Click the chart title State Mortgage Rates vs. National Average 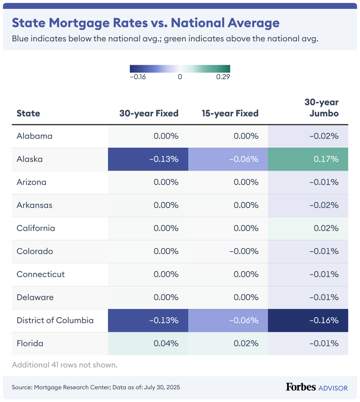pyautogui.click(x=145, y=23)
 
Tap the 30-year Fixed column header pyautogui.click(x=149, y=113)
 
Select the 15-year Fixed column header pyautogui.click(x=230, y=113)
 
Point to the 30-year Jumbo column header pyautogui.click(x=321, y=107)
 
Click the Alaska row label pyautogui.click(x=30, y=159)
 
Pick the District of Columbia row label pyautogui.click(x=55, y=320)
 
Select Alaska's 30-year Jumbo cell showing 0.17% pyautogui.click(x=307, y=159)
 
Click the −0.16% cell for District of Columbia pyautogui.click(x=307, y=320)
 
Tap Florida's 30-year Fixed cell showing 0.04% pyautogui.click(x=148, y=343)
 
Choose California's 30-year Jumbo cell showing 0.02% pyautogui.click(x=307, y=228)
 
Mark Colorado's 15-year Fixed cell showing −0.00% pyautogui.click(x=228, y=251)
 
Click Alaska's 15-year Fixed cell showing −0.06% pyautogui.click(x=228, y=159)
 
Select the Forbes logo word pyautogui.click(x=300, y=387)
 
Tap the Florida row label pyautogui.click(x=30, y=343)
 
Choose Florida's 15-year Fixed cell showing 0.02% pyautogui.click(x=228, y=343)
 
